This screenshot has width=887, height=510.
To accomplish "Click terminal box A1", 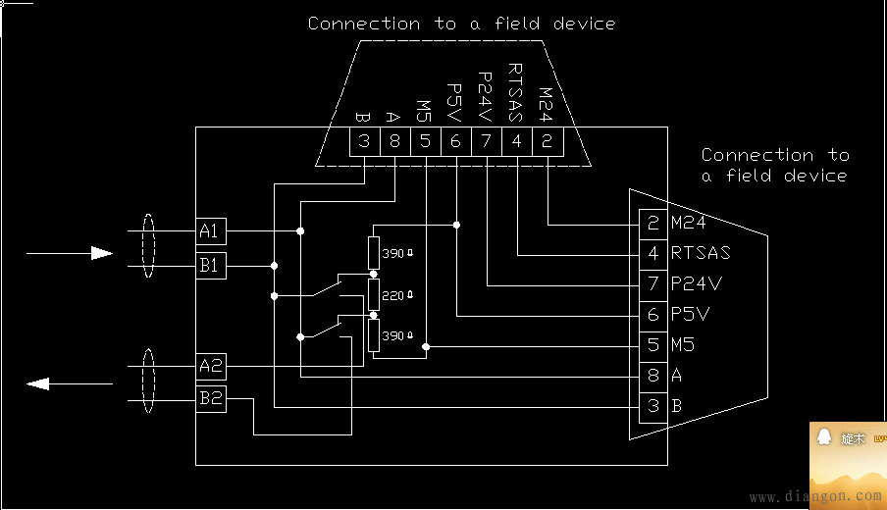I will tap(211, 231).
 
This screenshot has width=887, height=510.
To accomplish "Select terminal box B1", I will tap(211, 265).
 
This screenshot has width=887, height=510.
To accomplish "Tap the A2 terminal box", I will tap(211, 367).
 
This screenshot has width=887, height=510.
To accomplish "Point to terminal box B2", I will tap(211, 399).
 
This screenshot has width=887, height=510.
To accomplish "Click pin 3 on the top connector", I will tap(364, 141).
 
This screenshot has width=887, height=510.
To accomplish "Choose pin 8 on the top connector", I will tap(394, 141).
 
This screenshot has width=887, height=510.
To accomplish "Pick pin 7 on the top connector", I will tap(486, 141).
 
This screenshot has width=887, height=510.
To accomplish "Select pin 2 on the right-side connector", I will tap(653, 223).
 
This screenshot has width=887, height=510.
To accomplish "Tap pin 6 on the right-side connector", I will tap(653, 315).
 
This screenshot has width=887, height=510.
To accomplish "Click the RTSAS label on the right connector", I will tap(701, 253).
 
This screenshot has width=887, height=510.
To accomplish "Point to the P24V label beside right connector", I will tap(697, 284).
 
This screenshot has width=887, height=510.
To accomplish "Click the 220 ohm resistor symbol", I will tap(373, 294).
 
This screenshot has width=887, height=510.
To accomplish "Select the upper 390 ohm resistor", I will tap(373, 253).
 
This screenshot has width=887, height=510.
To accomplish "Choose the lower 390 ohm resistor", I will tap(373, 335).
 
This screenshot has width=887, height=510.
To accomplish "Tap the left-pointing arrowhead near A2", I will tap(38, 383).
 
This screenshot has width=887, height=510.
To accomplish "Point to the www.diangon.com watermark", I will tap(813, 497).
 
